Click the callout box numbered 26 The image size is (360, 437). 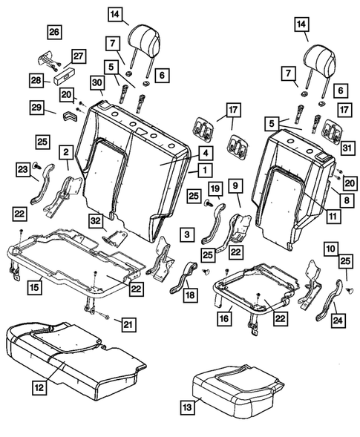[x=55, y=32]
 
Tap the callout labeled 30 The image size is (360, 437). [x=98, y=82]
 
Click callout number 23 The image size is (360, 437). [x=23, y=170]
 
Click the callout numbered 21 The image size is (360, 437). [x=129, y=323]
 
